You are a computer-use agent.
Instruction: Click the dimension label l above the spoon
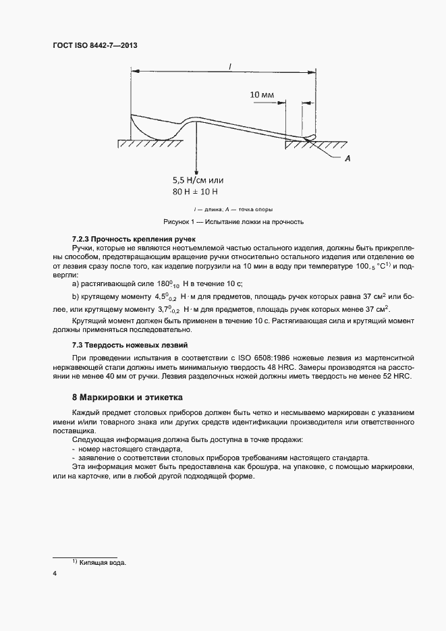(x=231, y=66)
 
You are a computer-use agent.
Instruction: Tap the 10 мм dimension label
(x=262, y=95)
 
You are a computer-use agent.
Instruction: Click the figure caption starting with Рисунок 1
(x=234, y=221)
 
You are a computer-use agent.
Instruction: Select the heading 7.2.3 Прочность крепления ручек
(x=133, y=239)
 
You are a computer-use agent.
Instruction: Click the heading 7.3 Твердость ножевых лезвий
(x=129, y=345)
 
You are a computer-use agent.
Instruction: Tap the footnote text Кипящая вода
(x=105, y=562)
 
